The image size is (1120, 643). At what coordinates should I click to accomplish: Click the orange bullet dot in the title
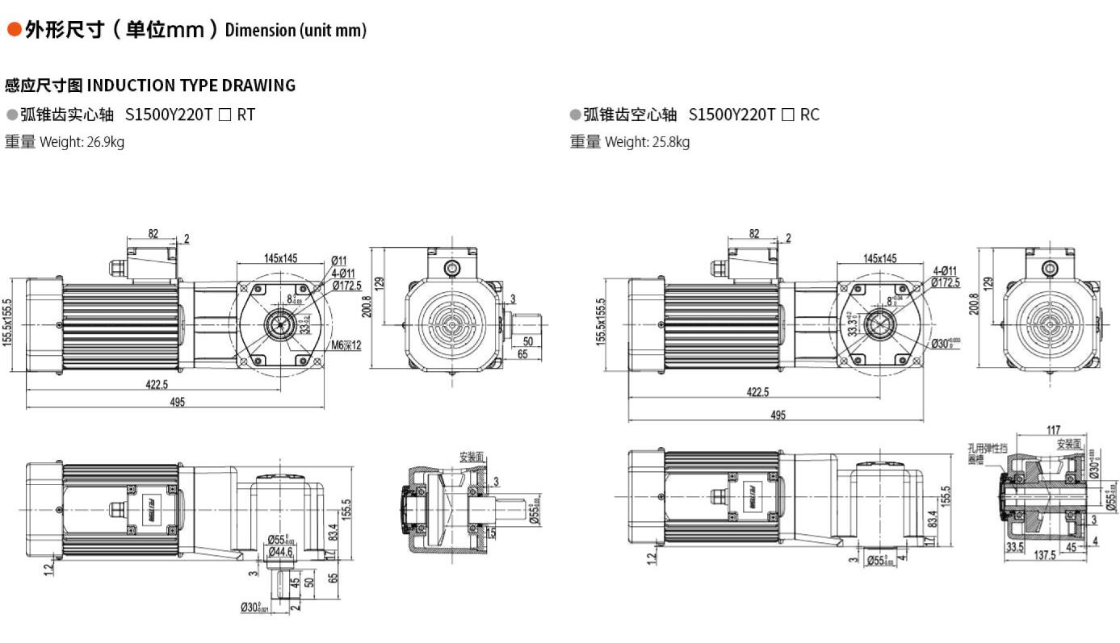14,30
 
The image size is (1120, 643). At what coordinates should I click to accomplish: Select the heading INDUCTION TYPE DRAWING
191,86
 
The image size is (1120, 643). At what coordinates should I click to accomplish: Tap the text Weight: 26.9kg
82,143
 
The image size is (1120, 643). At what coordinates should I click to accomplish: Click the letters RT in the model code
245,115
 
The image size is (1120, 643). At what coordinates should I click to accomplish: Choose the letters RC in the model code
809,115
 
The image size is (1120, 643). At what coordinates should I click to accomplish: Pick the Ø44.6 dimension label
280,551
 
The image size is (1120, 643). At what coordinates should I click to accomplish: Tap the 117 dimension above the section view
1052,430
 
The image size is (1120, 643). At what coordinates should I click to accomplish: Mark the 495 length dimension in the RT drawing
176,402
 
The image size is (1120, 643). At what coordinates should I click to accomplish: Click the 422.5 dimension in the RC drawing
757,392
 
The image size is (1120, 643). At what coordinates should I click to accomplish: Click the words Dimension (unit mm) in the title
296,31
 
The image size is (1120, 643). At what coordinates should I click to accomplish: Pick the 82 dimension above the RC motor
753,234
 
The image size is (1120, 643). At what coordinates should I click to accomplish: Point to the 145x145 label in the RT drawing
280,258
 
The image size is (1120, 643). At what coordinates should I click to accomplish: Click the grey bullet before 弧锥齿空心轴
575,115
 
